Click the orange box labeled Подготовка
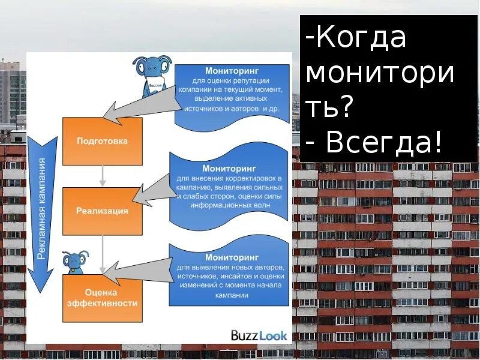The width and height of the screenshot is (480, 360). (x=103, y=141)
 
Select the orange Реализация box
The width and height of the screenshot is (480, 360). (x=103, y=211)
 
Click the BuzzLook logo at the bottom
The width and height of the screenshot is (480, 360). (x=259, y=335)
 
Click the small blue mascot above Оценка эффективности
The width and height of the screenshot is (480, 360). (x=74, y=262)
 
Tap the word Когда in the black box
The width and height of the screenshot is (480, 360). (x=360, y=38)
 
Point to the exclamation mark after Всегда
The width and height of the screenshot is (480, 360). (x=439, y=142)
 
